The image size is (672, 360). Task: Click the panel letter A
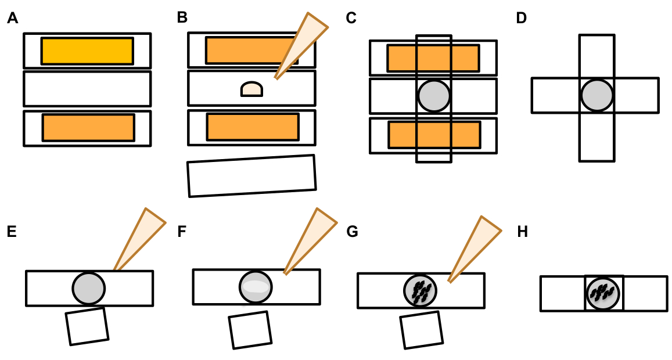(x=12, y=19)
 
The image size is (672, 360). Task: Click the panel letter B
(x=182, y=18)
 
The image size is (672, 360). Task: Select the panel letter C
(x=351, y=19)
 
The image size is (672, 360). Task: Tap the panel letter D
(x=521, y=19)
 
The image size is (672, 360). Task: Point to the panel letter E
(x=12, y=232)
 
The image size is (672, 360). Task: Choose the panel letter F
(x=182, y=232)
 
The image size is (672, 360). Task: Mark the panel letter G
(x=352, y=232)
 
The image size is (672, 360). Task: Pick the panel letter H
(x=522, y=232)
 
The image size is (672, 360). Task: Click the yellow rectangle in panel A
(x=87, y=51)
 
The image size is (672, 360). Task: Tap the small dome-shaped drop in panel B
(x=251, y=89)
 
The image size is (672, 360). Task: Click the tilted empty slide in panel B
(x=251, y=175)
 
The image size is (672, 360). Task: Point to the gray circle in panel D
(x=596, y=95)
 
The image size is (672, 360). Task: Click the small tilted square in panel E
(x=87, y=326)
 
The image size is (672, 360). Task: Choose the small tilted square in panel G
(x=421, y=329)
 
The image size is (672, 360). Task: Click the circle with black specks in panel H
(x=603, y=293)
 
